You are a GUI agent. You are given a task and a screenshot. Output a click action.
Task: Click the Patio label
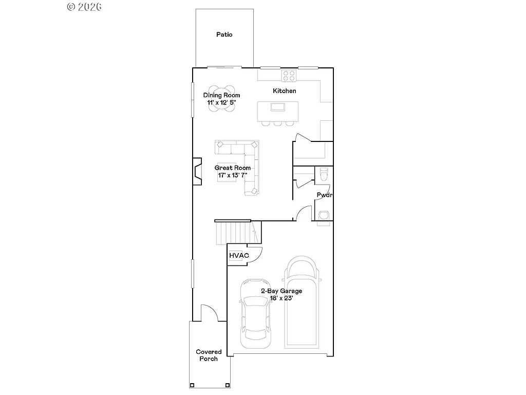(x=224, y=34)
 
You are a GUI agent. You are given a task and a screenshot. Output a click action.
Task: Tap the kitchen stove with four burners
(x=289, y=76)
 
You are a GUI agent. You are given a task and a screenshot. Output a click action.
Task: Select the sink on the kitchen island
(x=278, y=107)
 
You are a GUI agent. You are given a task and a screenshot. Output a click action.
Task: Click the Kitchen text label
(x=284, y=91)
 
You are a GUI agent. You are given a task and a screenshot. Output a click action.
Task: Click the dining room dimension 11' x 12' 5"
(x=221, y=102)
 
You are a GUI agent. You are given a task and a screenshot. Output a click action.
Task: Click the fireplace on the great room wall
(x=197, y=172)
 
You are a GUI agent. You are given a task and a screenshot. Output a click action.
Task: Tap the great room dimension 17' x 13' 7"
(x=232, y=175)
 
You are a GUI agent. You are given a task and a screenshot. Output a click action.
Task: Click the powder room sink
(x=324, y=215)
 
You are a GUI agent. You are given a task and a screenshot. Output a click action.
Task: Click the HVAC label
(x=239, y=255)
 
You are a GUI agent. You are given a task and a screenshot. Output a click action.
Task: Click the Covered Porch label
(x=209, y=355)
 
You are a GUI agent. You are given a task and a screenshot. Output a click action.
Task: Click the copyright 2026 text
(x=85, y=7)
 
